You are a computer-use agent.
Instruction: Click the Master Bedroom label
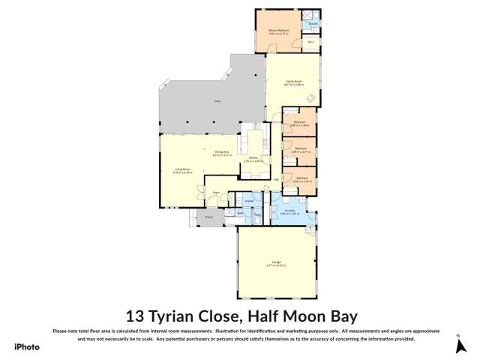278,31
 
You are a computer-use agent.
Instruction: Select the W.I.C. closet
310,42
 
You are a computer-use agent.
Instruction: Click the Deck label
217,100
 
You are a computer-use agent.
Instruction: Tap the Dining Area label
221,152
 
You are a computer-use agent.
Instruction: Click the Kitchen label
253,158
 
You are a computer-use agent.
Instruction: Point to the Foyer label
214,193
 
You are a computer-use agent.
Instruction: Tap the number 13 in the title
136,316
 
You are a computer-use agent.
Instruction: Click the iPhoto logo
26,346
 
